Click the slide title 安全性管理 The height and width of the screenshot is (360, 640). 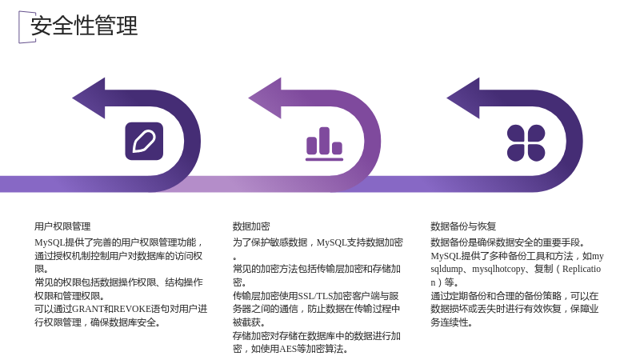point(84,26)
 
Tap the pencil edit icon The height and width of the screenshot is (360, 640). point(144,142)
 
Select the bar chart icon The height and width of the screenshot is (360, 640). point(325,144)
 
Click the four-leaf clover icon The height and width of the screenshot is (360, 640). point(526,143)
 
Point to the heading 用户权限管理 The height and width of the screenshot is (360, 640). point(62,226)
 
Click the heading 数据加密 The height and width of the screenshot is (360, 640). point(251,226)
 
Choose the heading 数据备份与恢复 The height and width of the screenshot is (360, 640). point(463,226)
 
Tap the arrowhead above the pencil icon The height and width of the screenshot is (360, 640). point(89,98)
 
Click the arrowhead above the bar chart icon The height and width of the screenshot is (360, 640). point(266,98)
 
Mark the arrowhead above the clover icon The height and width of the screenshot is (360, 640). point(464,98)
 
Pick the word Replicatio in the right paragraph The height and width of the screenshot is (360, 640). point(582,269)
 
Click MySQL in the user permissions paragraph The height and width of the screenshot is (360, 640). point(50,242)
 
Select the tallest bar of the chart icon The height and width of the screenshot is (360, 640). point(325,141)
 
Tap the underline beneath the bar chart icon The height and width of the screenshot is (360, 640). point(325,159)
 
